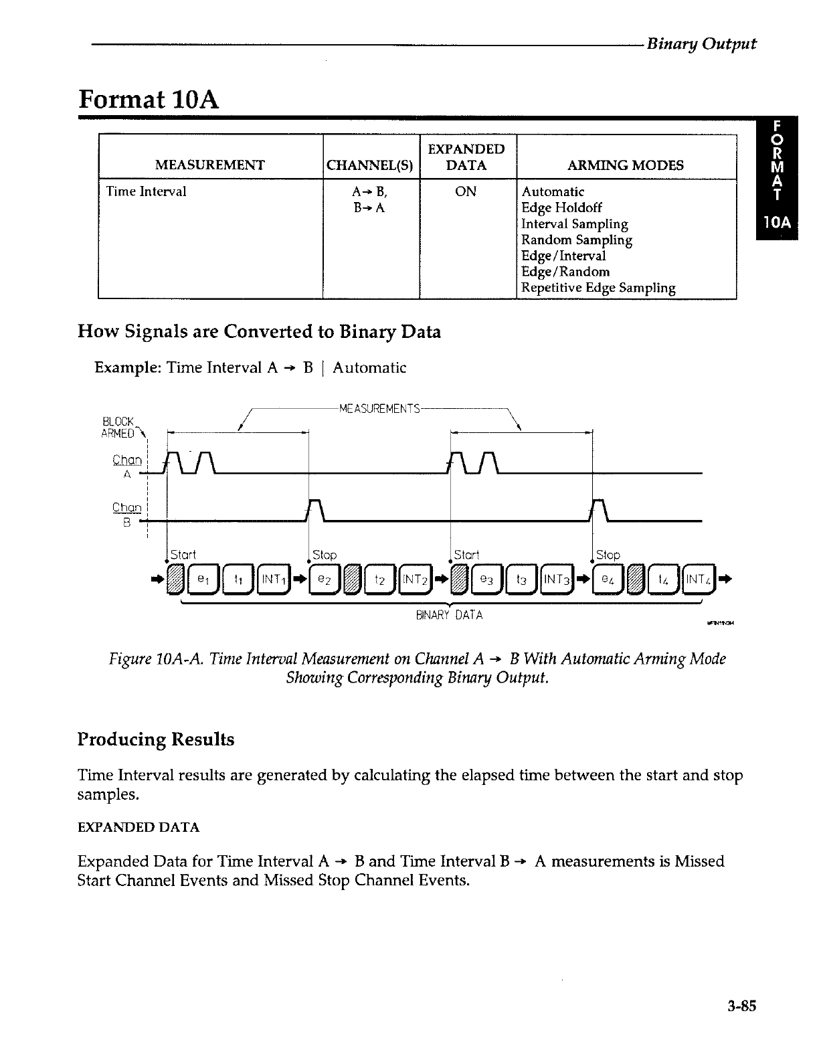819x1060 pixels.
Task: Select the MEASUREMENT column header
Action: [209, 165]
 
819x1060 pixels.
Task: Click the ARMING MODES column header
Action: [625, 165]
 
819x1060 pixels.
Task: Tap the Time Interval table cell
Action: [147, 192]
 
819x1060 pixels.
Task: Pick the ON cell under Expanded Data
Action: [466, 192]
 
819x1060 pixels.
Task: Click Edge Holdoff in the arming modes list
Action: [561, 208]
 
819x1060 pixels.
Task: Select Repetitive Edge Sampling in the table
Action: [598, 288]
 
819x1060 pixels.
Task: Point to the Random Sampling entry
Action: [577, 240]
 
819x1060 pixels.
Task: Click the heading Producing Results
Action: [156, 739]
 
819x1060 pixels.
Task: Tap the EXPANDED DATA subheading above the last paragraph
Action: [139, 827]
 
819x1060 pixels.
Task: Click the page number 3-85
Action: [740, 1005]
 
